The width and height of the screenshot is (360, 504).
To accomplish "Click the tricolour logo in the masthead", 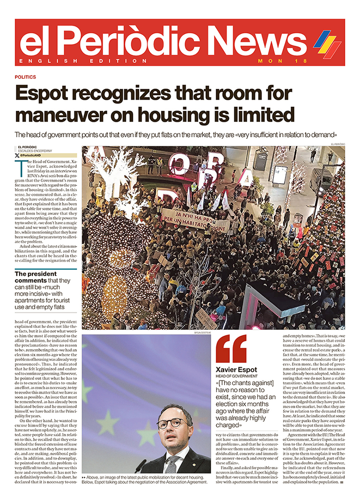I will (327, 44).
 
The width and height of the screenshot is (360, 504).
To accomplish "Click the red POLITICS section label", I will (25, 77).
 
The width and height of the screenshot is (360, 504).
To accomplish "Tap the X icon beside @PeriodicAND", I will (17, 155).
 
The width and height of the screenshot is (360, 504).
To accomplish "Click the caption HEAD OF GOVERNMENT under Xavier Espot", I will (237, 376).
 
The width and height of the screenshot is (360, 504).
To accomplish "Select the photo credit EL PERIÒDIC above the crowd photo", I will (337, 144).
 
